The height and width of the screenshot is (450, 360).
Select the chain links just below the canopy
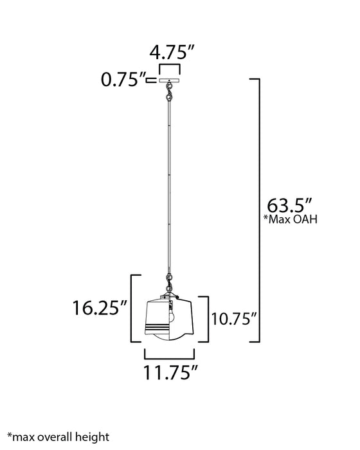[x=170, y=94]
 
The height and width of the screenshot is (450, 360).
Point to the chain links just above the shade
[x=170, y=281]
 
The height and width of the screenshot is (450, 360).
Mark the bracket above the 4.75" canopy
[x=170, y=67]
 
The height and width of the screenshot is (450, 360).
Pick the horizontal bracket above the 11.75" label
[x=170, y=355]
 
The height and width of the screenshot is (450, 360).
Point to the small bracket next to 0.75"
[x=152, y=81]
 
